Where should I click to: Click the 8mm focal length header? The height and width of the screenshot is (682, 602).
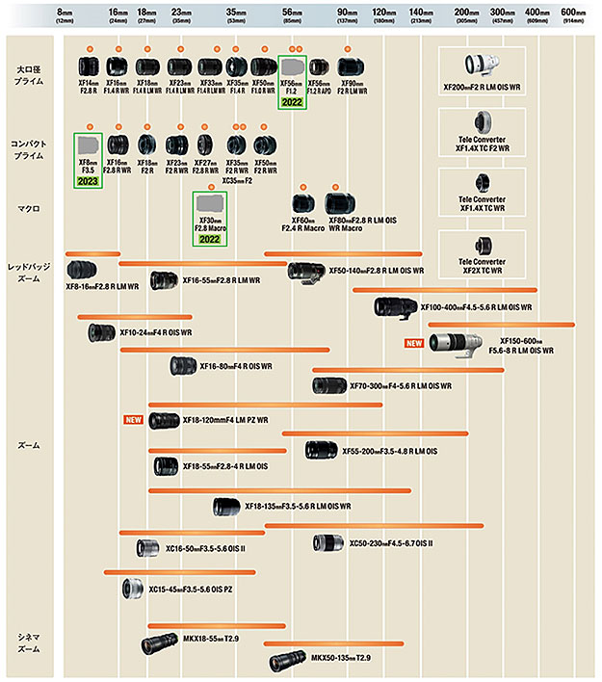[65, 13]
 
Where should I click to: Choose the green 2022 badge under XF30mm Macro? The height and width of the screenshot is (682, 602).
[210, 238]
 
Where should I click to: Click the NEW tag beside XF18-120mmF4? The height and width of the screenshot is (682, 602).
[134, 420]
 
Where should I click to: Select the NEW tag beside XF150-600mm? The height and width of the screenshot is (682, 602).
[414, 343]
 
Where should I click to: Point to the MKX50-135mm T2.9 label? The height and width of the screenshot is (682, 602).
[340, 658]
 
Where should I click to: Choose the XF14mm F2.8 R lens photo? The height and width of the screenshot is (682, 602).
[89, 67]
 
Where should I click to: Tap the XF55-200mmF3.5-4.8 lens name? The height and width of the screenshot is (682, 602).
[389, 450]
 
